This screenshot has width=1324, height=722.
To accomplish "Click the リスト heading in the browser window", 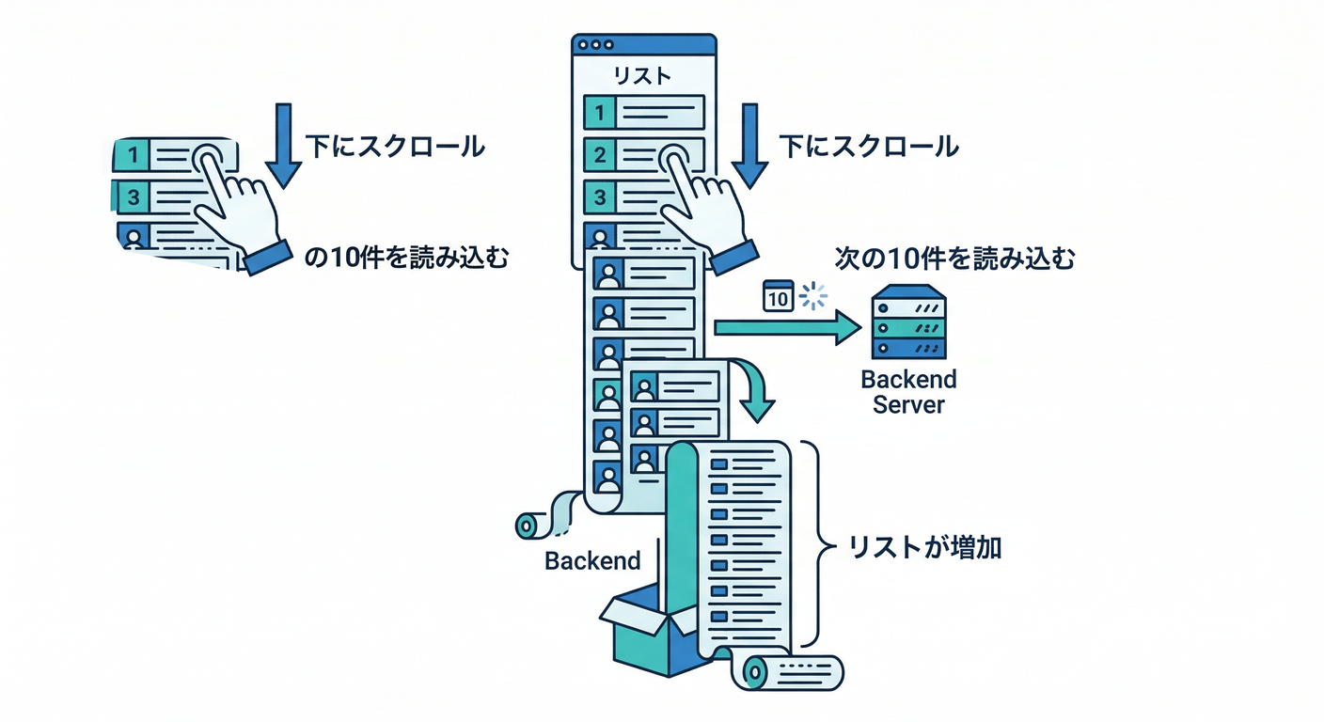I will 643,75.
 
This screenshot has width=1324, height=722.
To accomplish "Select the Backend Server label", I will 908,391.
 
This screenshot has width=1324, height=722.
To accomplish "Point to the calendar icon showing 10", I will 777,296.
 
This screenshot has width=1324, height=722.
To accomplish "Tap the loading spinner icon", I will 812,296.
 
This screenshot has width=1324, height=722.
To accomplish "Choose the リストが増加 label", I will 924,547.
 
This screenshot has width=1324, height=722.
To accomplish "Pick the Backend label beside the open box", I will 592,561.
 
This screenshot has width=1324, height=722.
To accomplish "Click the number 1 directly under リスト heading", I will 599,114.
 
